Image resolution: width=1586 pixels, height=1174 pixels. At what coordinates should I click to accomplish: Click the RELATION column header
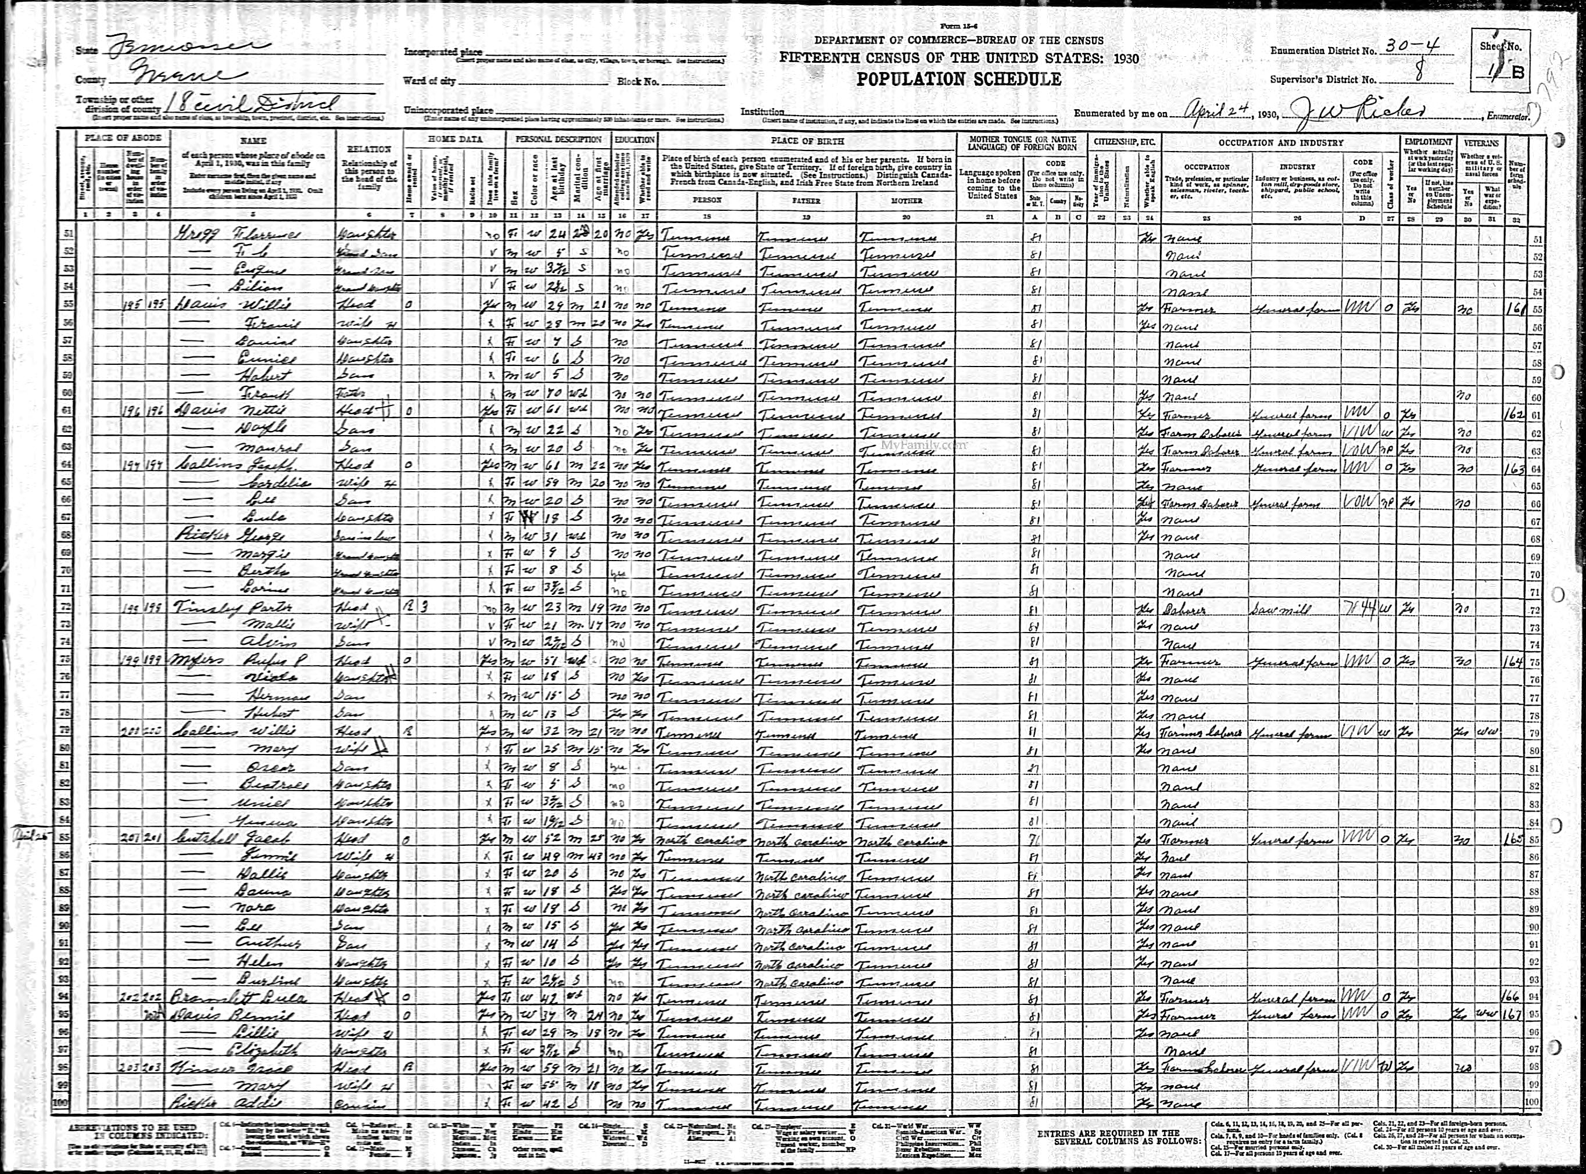tap(369, 149)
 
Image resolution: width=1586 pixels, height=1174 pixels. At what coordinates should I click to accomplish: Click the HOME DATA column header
tap(455, 139)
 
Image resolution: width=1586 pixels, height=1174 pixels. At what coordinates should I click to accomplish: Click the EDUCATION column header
tap(635, 139)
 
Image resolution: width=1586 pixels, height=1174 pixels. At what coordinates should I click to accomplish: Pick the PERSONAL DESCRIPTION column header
tap(558, 139)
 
